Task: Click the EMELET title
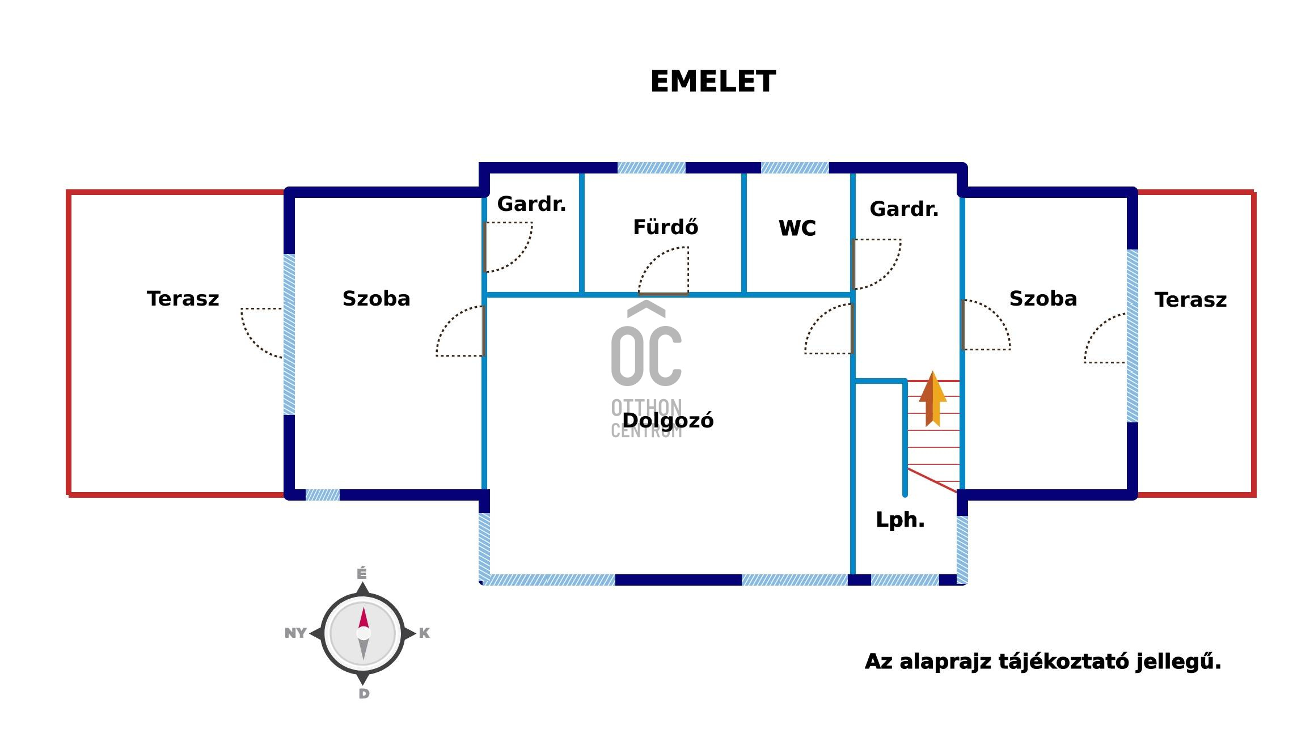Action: click(x=712, y=82)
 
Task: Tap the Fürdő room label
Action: click(x=665, y=227)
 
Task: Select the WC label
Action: click(x=797, y=228)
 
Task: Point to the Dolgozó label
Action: click(x=668, y=421)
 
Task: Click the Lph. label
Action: click(x=900, y=520)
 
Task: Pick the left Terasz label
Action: click(x=183, y=299)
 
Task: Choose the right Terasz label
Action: click(x=1190, y=300)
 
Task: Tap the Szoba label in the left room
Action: click(x=376, y=299)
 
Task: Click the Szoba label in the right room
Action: click(x=1043, y=299)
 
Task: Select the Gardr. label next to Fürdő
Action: click(x=531, y=204)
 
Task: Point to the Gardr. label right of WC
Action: click(x=904, y=209)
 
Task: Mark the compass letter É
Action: click(x=362, y=574)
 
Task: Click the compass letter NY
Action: click(x=295, y=633)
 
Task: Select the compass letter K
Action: click(x=424, y=633)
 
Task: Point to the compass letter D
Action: click(x=364, y=693)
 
